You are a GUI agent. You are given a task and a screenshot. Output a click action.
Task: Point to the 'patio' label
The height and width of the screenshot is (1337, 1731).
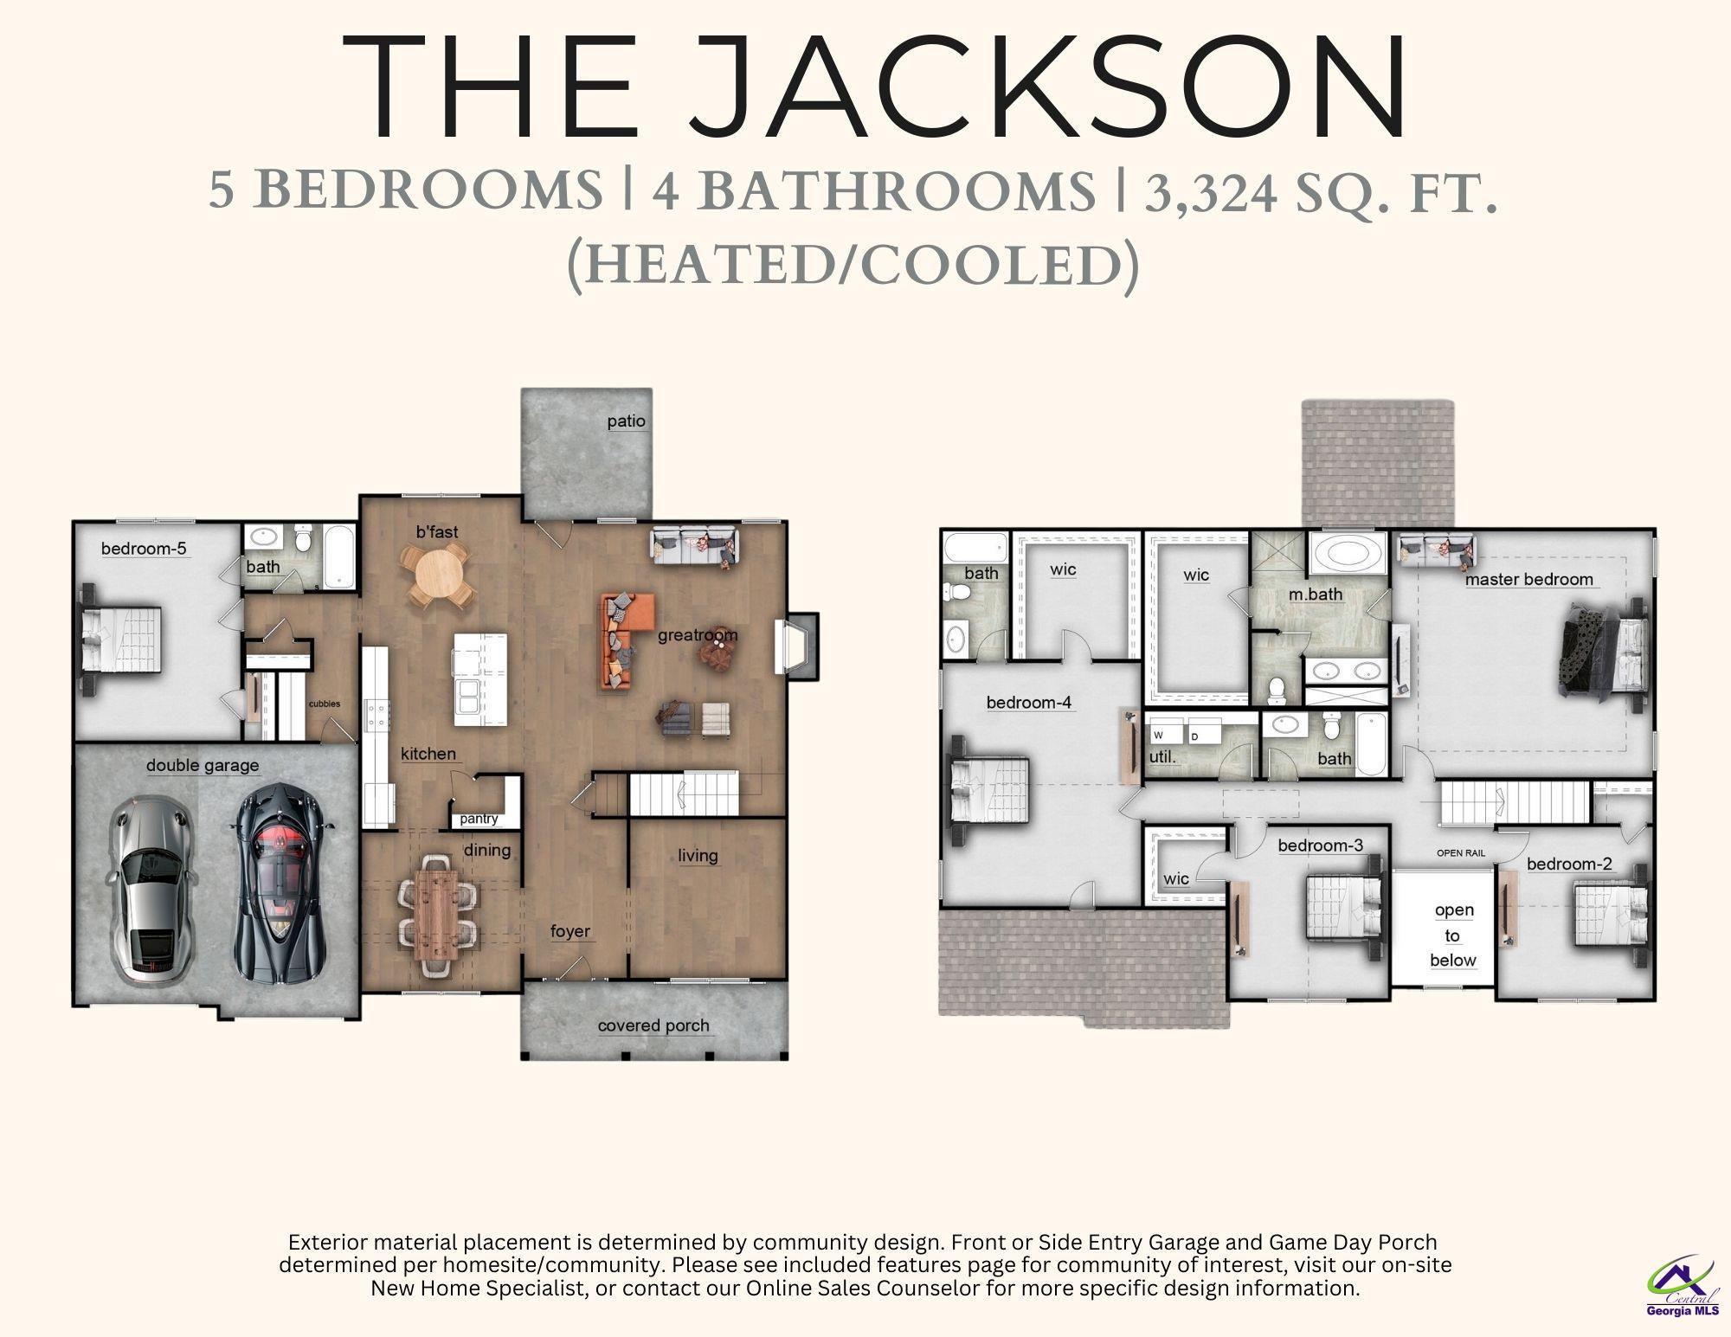click(626, 421)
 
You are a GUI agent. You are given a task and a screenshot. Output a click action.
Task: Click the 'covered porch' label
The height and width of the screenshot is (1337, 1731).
click(653, 1025)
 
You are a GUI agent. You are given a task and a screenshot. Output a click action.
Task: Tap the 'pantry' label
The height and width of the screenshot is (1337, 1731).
click(479, 819)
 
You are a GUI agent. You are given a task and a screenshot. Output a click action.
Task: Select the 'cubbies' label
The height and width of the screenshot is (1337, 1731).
click(325, 704)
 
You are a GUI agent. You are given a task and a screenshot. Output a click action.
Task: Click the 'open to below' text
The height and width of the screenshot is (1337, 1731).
click(1453, 935)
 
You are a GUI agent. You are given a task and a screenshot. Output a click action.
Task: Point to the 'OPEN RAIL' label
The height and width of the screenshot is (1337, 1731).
click(1461, 853)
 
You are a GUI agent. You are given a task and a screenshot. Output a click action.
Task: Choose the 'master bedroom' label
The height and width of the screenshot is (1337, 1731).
click(1528, 580)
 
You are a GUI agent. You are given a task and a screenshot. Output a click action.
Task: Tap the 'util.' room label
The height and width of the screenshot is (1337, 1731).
click(1162, 756)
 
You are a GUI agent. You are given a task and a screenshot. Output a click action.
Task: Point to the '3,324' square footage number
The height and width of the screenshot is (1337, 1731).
click(1211, 191)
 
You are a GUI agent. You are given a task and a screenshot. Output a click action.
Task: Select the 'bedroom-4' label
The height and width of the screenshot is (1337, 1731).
click(1029, 703)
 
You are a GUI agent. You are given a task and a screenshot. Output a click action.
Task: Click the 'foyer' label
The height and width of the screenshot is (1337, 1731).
click(570, 931)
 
